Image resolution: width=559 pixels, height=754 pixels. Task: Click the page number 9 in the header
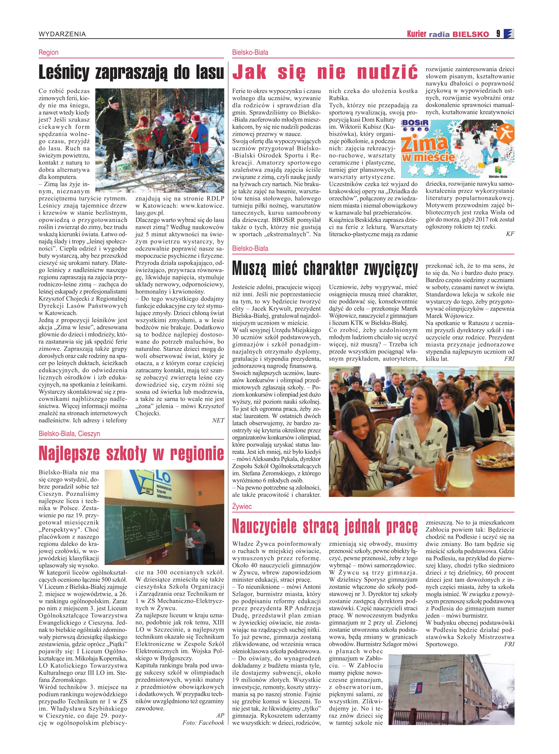point(498,34)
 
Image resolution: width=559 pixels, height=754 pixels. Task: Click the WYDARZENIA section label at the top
point(62,34)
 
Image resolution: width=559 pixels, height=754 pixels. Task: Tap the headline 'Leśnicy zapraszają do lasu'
point(131,72)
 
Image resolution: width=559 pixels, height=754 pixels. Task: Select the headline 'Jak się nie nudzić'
point(325,72)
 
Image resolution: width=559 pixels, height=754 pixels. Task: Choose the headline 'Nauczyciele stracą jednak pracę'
point(325,526)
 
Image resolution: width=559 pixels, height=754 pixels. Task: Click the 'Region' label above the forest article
point(48,53)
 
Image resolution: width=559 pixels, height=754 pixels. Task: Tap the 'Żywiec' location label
point(242,506)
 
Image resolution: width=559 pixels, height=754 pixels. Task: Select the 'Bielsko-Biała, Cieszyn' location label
point(69,434)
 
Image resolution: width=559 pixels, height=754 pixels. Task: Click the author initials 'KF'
point(510,234)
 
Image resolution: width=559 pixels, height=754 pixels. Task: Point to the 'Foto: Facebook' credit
point(203,723)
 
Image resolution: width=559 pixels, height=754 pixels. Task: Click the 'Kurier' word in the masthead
point(417,34)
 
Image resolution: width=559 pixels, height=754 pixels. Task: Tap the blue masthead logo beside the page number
point(509,34)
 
